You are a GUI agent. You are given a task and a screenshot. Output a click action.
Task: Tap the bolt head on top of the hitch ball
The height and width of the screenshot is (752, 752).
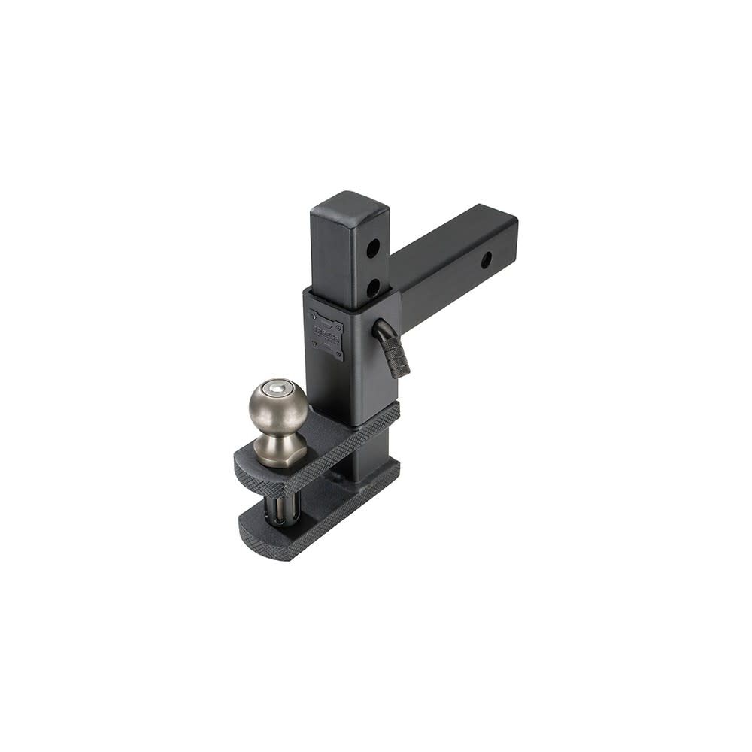coord(279,388)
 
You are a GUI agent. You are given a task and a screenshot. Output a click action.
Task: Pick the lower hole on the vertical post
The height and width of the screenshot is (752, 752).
coord(373,287)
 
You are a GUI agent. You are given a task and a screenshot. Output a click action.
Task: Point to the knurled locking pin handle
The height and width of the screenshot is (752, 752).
coord(397,356)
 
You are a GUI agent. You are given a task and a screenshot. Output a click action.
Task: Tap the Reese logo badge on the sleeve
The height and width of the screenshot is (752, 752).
coord(326,333)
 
